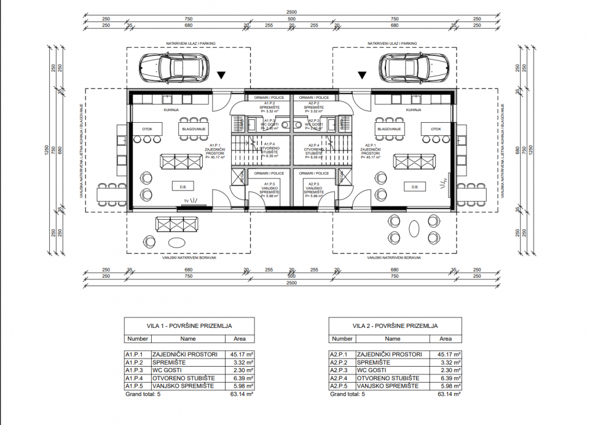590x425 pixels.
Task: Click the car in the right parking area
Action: [414, 66]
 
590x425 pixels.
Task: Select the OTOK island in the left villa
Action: [147, 129]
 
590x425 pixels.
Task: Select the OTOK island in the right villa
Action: [436, 129]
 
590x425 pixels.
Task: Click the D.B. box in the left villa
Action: [183, 187]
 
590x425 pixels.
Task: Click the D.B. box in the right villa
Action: [414, 187]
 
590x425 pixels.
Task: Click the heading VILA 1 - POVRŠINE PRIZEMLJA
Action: [181, 326]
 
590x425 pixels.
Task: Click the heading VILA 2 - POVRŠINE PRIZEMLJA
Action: [387, 326]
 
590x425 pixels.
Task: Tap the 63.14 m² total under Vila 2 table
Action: [445, 394]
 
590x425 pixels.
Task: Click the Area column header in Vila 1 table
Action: [240, 338]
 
